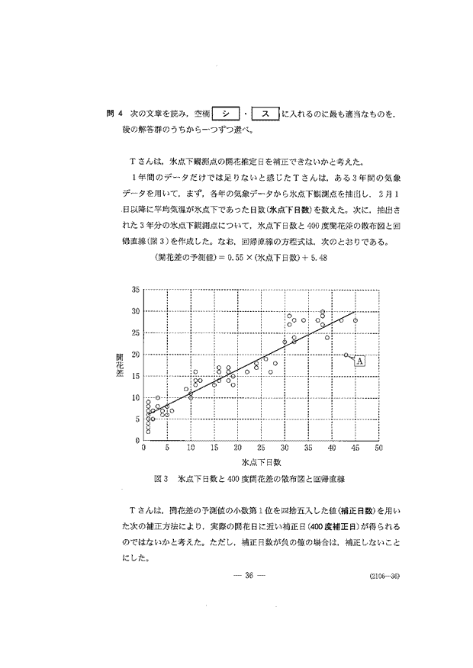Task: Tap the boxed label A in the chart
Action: [x=359, y=361]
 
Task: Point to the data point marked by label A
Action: [x=346, y=355]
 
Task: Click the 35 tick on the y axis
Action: [x=137, y=291]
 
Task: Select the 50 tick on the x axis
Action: [x=379, y=448]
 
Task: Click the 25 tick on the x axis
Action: [x=261, y=448]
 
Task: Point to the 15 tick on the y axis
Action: [x=137, y=376]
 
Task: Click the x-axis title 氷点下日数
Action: [x=261, y=462]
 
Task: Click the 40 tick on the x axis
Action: [x=332, y=448]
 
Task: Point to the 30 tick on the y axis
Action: [x=137, y=312]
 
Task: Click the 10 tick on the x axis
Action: [x=191, y=448]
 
